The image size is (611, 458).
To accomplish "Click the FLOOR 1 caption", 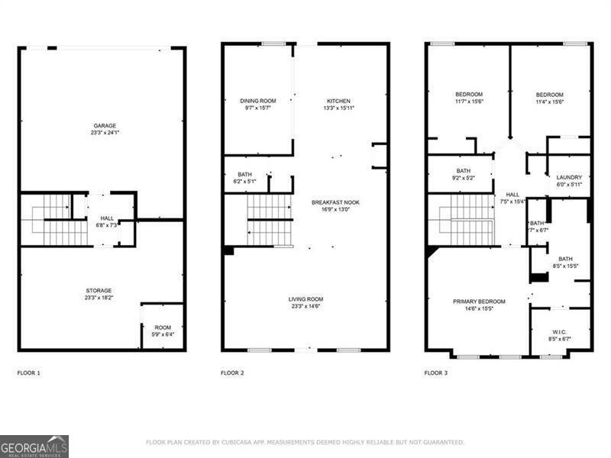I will [x=29, y=373].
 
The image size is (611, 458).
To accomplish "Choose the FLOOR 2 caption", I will [x=232, y=373].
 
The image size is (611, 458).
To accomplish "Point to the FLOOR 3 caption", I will [x=436, y=373].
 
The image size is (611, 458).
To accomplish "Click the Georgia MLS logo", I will [x=34, y=446].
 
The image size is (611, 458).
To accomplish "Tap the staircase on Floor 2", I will [x=269, y=220].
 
